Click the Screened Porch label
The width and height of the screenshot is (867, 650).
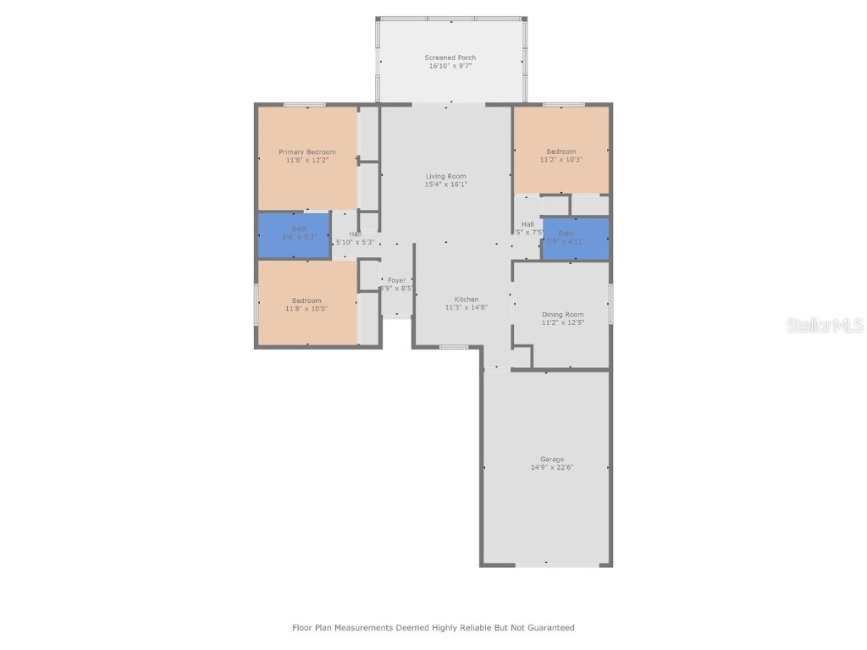point(450,58)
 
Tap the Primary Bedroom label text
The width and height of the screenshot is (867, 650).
point(307,152)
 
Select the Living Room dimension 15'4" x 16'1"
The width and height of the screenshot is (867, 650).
point(446,184)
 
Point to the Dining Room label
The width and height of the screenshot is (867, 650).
point(563,314)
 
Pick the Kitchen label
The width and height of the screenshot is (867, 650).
point(467,299)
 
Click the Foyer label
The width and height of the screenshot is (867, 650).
point(397,280)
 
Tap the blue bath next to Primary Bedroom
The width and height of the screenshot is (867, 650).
point(294,234)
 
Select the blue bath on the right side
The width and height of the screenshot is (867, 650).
point(575,239)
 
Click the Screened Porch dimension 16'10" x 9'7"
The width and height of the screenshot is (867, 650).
point(450,66)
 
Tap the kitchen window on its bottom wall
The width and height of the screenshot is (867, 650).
point(454,346)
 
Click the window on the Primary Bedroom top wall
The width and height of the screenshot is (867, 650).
point(304,105)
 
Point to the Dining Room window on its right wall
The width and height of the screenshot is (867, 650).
point(610,303)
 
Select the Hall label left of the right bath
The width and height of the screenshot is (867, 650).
point(527,224)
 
